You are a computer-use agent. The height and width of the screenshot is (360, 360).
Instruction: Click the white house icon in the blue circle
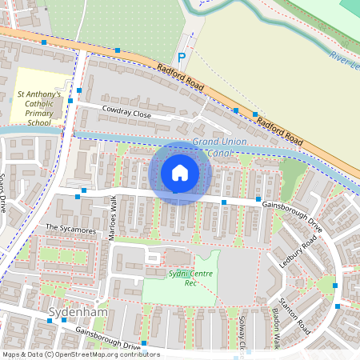click(x=180, y=173)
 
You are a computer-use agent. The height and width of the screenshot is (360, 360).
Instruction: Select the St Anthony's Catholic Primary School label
click(x=38, y=109)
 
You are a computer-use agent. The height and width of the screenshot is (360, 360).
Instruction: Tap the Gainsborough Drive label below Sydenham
click(x=108, y=336)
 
